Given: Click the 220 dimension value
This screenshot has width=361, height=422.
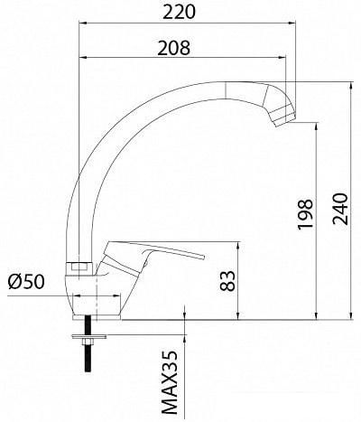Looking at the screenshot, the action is (x=180, y=12).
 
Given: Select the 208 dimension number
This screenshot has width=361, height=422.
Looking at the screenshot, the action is (x=174, y=48).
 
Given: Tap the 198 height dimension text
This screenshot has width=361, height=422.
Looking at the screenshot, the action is (x=305, y=214).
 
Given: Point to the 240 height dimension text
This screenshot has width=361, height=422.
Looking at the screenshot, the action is (x=340, y=209).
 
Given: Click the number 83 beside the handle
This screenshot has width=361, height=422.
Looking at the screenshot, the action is (x=227, y=281).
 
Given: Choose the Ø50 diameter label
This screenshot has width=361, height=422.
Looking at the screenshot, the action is (x=26, y=282).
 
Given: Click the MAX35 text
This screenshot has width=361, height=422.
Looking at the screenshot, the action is (x=170, y=380).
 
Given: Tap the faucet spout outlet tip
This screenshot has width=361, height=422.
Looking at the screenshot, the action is (x=286, y=121).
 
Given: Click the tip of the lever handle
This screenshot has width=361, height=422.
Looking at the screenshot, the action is (x=203, y=257).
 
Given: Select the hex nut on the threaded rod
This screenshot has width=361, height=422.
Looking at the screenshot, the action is (x=88, y=342).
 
